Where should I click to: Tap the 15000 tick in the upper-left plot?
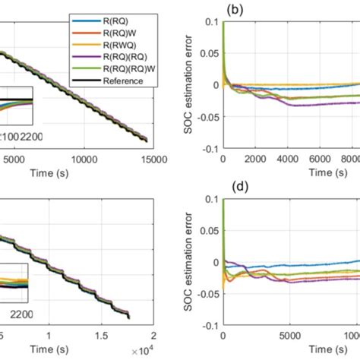click(137, 159)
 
